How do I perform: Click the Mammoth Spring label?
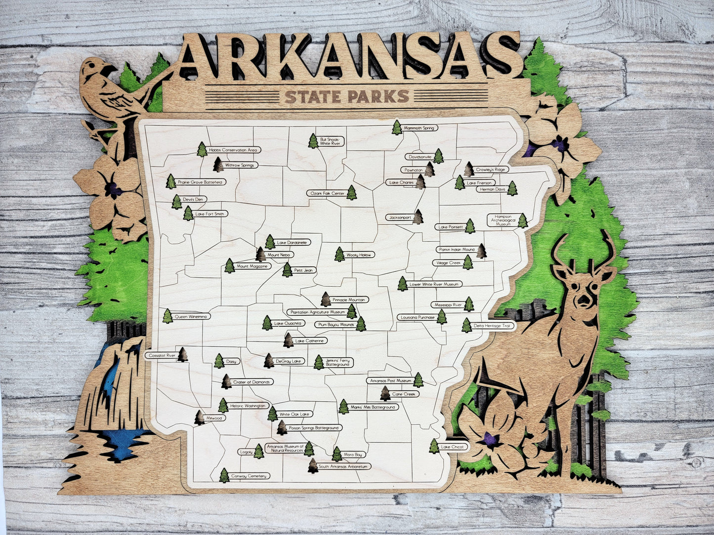pyautogui.click(x=419, y=128)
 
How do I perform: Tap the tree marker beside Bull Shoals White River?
pyautogui.click(x=313, y=141)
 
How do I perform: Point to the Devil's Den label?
pyautogui.click(x=194, y=199)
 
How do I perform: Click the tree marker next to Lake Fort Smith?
pyautogui.click(x=188, y=213)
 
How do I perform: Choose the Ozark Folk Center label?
pyautogui.click(x=326, y=193)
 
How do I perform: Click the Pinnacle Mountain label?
pyautogui.click(x=349, y=300)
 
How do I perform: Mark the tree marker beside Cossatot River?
pyautogui.click(x=182, y=354)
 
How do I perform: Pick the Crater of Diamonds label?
pyautogui.click(x=252, y=382)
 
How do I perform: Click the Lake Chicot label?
pyautogui.click(x=453, y=447)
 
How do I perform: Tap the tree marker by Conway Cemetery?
pyautogui.click(x=224, y=475)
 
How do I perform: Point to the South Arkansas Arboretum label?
pyautogui.click(x=344, y=466)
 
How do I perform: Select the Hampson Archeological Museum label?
pyautogui.click(x=503, y=221)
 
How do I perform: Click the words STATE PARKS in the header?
pyautogui.click(x=347, y=96)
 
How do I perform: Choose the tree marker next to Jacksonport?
pyautogui.click(x=418, y=217)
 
